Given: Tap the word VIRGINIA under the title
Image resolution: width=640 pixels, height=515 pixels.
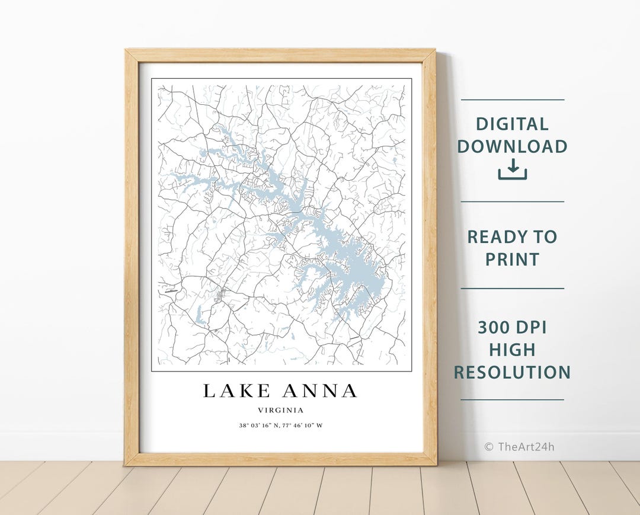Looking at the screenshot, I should [x=281, y=410].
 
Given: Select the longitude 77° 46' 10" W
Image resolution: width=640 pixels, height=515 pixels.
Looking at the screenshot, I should [x=303, y=426].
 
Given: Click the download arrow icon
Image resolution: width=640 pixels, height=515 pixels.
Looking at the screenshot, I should [x=512, y=169].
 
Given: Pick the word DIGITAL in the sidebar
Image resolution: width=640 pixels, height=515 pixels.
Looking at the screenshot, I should [x=512, y=124].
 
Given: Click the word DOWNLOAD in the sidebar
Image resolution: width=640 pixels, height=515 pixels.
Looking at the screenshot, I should [x=512, y=146].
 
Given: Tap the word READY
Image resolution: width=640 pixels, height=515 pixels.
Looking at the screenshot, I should [x=496, y=237].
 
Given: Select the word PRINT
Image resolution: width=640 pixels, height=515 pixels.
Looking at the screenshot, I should [x=512, y=260].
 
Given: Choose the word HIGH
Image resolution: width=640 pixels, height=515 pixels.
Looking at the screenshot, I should [x=512, y=350].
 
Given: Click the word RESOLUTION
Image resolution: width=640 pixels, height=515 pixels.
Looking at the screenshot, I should [x=512, y=372].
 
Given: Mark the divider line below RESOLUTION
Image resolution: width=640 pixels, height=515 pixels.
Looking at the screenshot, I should [x=512, y=399].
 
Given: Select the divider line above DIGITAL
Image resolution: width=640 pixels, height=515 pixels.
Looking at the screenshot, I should [x=512, y=100].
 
